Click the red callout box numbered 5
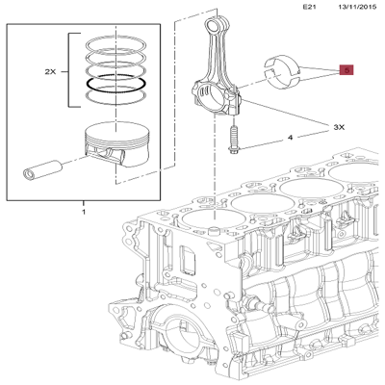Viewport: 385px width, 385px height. [x=346, y=69]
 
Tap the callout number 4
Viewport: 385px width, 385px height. [x=290, y=138]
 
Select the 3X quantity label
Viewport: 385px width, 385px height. [x=339, y=127]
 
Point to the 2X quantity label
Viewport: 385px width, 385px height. [x=50, y=72]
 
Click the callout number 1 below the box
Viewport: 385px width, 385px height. [x=84, y=212]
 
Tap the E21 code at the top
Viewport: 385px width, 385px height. [x=310, y=7]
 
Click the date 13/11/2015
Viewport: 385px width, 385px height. [x=357, y=7]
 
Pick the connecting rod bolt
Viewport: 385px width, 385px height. [x=233, y=140]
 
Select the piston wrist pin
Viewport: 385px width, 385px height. [x=41, y=168]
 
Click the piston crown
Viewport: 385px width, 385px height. [x=116, y=131]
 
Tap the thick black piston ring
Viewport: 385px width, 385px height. [x=116, y=83]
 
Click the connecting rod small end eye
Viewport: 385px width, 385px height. [x=212, y=24]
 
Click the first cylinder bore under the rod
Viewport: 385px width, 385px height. [x=214, y=219]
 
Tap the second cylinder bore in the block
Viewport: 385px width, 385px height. [x=262, y=203]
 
